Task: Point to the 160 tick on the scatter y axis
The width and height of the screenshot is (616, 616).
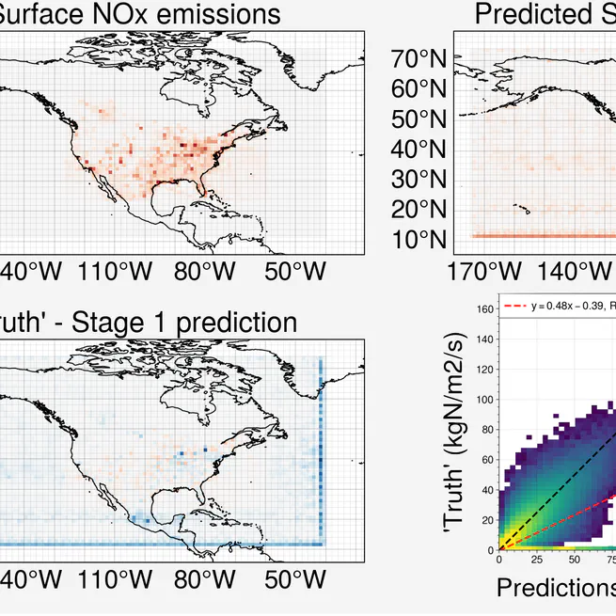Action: [x=484, y=308]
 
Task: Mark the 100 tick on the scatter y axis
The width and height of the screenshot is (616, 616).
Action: [x=484, y=399]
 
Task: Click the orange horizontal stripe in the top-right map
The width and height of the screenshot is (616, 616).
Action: [x=536, y=235]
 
